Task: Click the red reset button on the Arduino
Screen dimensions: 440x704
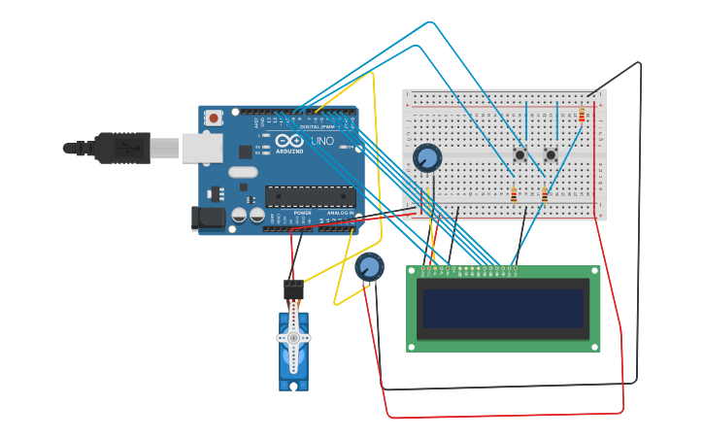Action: pos(214,118)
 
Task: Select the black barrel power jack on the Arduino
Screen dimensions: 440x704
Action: pos(207,218)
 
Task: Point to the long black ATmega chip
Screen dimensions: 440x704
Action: pos(310,195)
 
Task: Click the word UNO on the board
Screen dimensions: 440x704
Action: pos(322,141)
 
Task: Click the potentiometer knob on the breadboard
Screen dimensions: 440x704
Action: pos(427,157)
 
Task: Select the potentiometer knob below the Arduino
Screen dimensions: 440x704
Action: pos(369,266)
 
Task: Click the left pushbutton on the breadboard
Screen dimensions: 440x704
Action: pos(520,154)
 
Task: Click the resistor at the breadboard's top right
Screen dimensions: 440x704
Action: pos(582,116)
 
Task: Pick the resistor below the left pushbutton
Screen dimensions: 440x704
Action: pos(514,195)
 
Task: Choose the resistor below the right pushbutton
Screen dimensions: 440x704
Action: pos(544,195)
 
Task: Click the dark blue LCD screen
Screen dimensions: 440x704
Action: pos(503,308)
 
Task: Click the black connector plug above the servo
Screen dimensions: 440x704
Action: pos(293,288)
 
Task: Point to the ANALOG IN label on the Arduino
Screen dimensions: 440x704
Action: pos(340,212)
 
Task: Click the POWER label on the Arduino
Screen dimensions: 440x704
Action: pos(302,212)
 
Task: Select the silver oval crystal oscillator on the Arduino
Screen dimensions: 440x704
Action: pos(243,172)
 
